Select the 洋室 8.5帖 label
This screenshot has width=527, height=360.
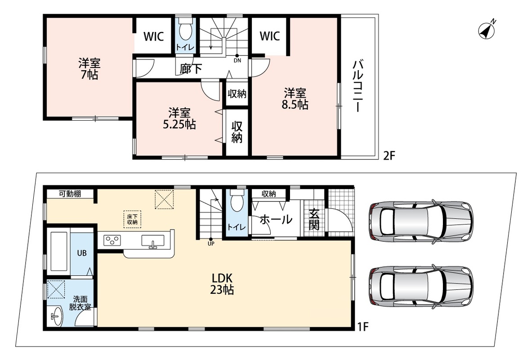click(295, 99)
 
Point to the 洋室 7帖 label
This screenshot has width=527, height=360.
click(89, 69)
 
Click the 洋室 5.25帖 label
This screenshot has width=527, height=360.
click(179, 118)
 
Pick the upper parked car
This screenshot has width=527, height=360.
click(421, 220)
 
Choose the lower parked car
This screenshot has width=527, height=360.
click(421, 286)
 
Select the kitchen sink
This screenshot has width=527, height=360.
click(153, 241)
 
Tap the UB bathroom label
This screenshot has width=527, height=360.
click(82, 253)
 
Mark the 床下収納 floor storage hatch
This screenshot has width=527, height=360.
click(132, 219)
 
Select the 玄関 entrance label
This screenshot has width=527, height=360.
click(314, 219)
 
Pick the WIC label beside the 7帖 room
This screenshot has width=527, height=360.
click(154, 36)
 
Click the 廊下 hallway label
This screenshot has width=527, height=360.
click(191, 69)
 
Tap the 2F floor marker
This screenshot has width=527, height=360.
click(389, 156)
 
